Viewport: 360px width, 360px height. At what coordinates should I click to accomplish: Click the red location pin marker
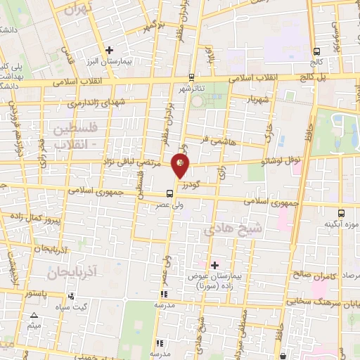(x=181, y=165)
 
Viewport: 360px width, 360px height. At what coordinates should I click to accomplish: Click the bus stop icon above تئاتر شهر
(x=192, y=77)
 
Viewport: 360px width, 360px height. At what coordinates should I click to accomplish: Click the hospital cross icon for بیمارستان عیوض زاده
(x=214, y=264)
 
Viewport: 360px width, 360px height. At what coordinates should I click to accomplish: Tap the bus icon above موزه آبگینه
(x=341, y=212)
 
